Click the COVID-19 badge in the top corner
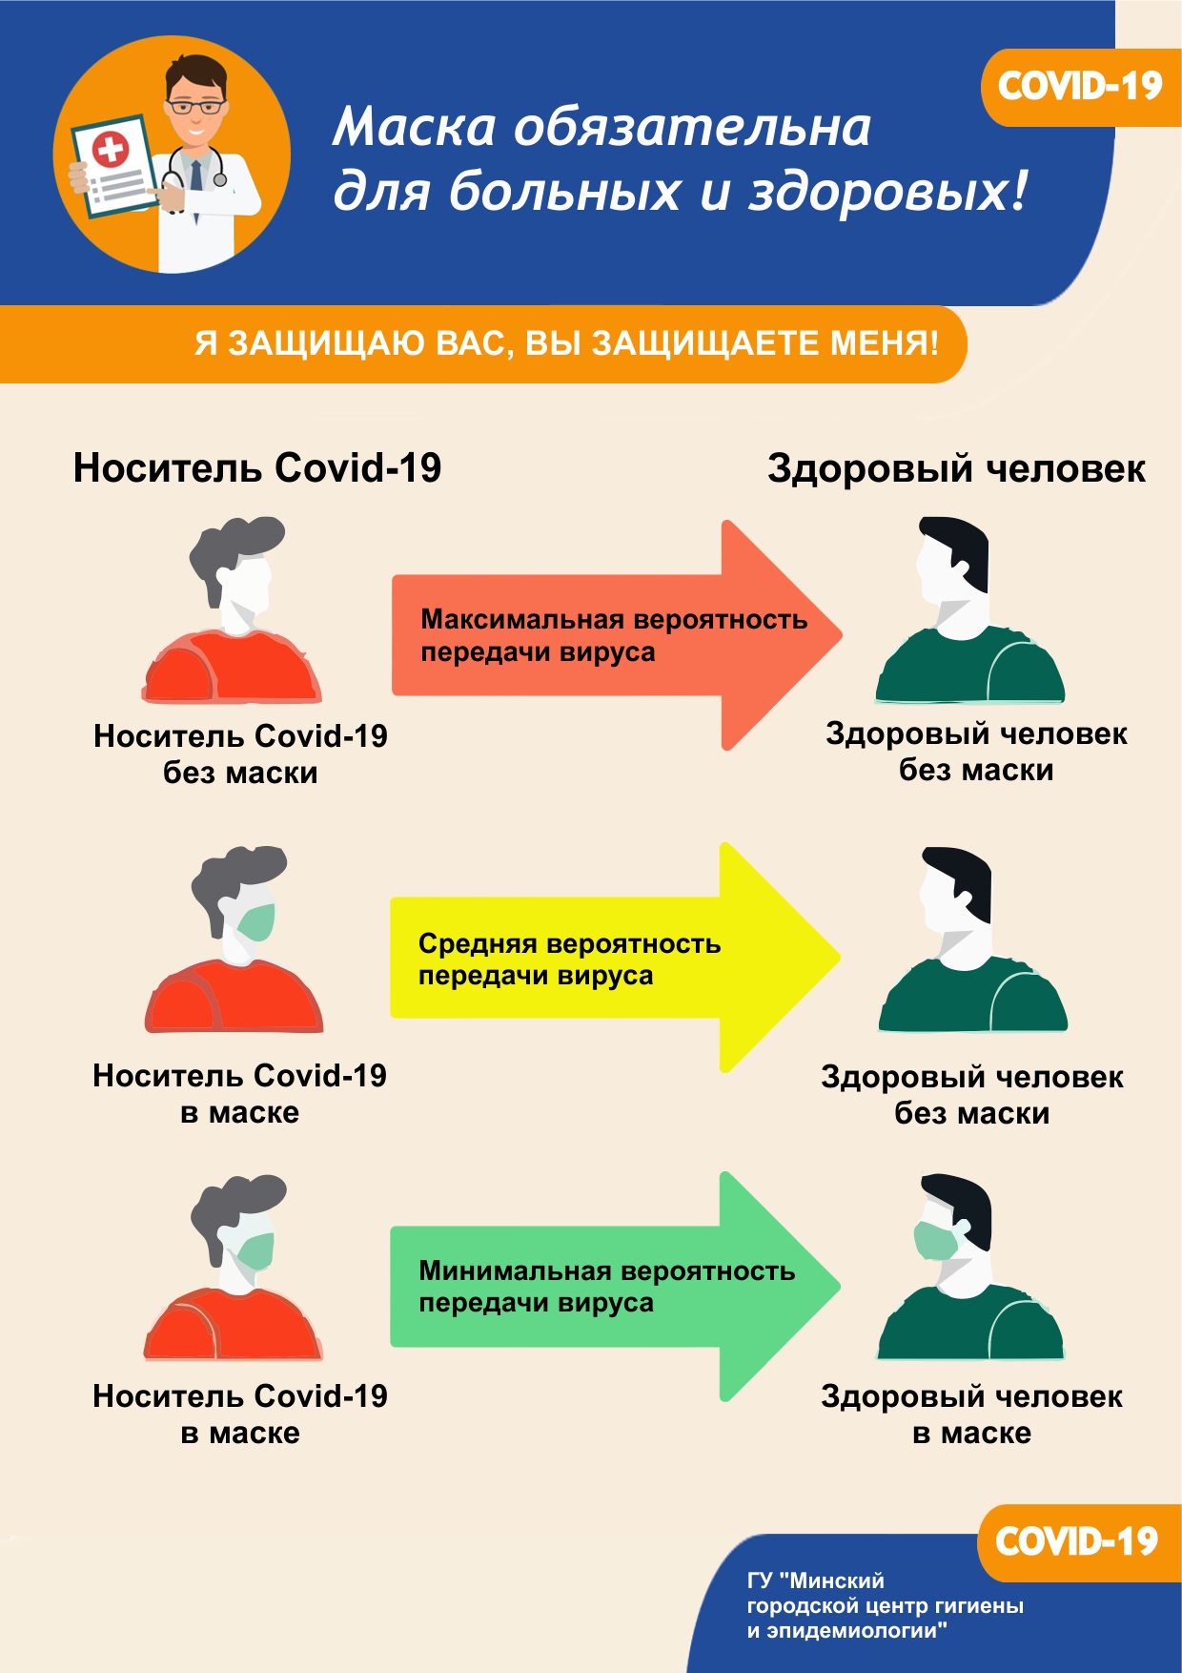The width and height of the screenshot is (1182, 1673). point(1080,87)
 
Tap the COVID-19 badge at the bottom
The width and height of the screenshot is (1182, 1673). point(1076,1541)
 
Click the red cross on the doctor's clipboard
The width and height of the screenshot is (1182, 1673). point(111,149)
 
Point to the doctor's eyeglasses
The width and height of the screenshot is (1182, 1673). point(195,106)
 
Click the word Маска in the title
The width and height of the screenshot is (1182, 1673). point(415,127)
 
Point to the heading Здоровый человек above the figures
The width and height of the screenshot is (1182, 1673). point(956,468)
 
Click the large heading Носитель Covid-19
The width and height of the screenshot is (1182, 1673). point(257,468)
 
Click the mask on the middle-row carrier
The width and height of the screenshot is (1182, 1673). point(256,921)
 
